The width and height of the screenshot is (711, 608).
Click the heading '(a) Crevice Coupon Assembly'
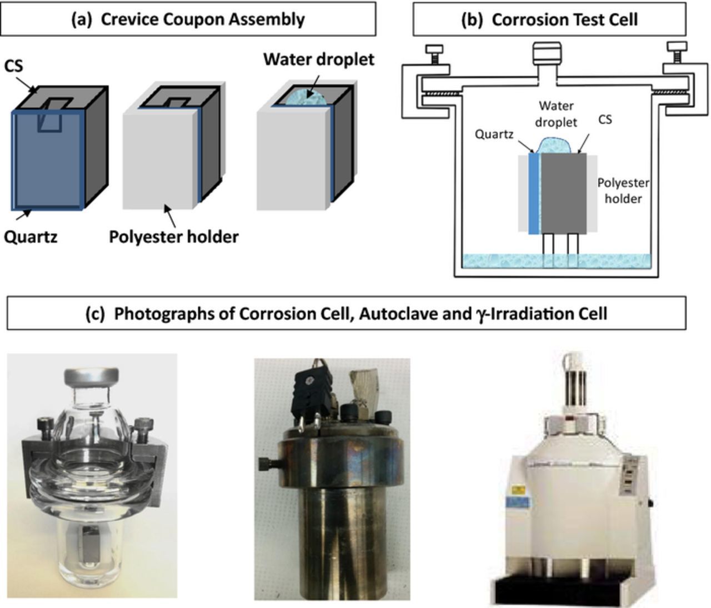(188, 19)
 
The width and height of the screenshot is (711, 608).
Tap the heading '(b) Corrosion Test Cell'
(549, 19)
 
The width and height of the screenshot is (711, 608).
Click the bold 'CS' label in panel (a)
(13, 66)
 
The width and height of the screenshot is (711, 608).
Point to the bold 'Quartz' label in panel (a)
(31, 237)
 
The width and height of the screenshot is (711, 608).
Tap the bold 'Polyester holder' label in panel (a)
(173, 237)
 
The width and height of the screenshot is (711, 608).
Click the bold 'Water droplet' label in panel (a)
(318, 59)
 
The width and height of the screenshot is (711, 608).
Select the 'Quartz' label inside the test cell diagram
(493, 134)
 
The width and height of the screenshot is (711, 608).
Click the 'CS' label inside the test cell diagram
(604, 119)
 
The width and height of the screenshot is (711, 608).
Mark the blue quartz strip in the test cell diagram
(534, 193)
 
